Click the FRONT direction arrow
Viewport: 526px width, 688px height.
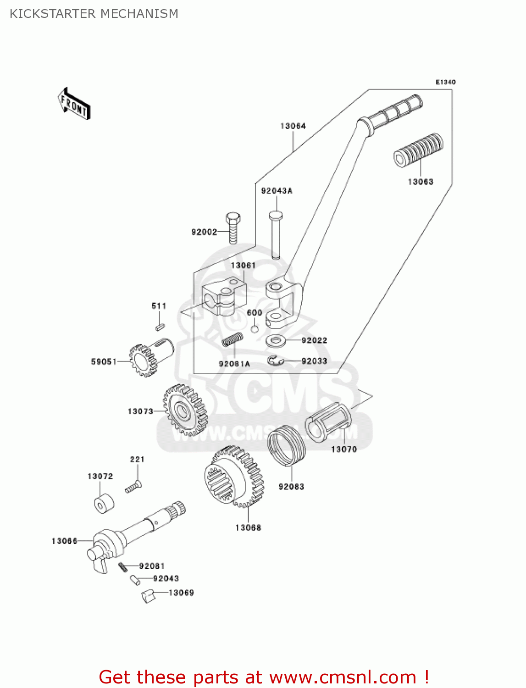(74, 104)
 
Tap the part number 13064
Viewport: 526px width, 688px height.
(293, 126)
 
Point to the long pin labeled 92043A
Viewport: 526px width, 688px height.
(276, 234)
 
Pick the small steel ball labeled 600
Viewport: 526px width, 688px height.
(255, 329)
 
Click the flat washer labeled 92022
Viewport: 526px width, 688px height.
(276, 341)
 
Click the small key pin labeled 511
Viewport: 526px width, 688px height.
(160, 327)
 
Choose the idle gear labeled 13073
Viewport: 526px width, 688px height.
(185, 409)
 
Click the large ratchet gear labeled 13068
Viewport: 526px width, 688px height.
(233, 477)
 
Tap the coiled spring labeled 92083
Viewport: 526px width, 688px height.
(287, 445)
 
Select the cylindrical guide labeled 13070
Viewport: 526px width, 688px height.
(329, 422)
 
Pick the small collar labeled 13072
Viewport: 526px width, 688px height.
(104, 503)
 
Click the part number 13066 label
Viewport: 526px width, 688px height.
(64, 541)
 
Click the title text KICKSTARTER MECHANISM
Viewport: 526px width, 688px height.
(94, 14)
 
